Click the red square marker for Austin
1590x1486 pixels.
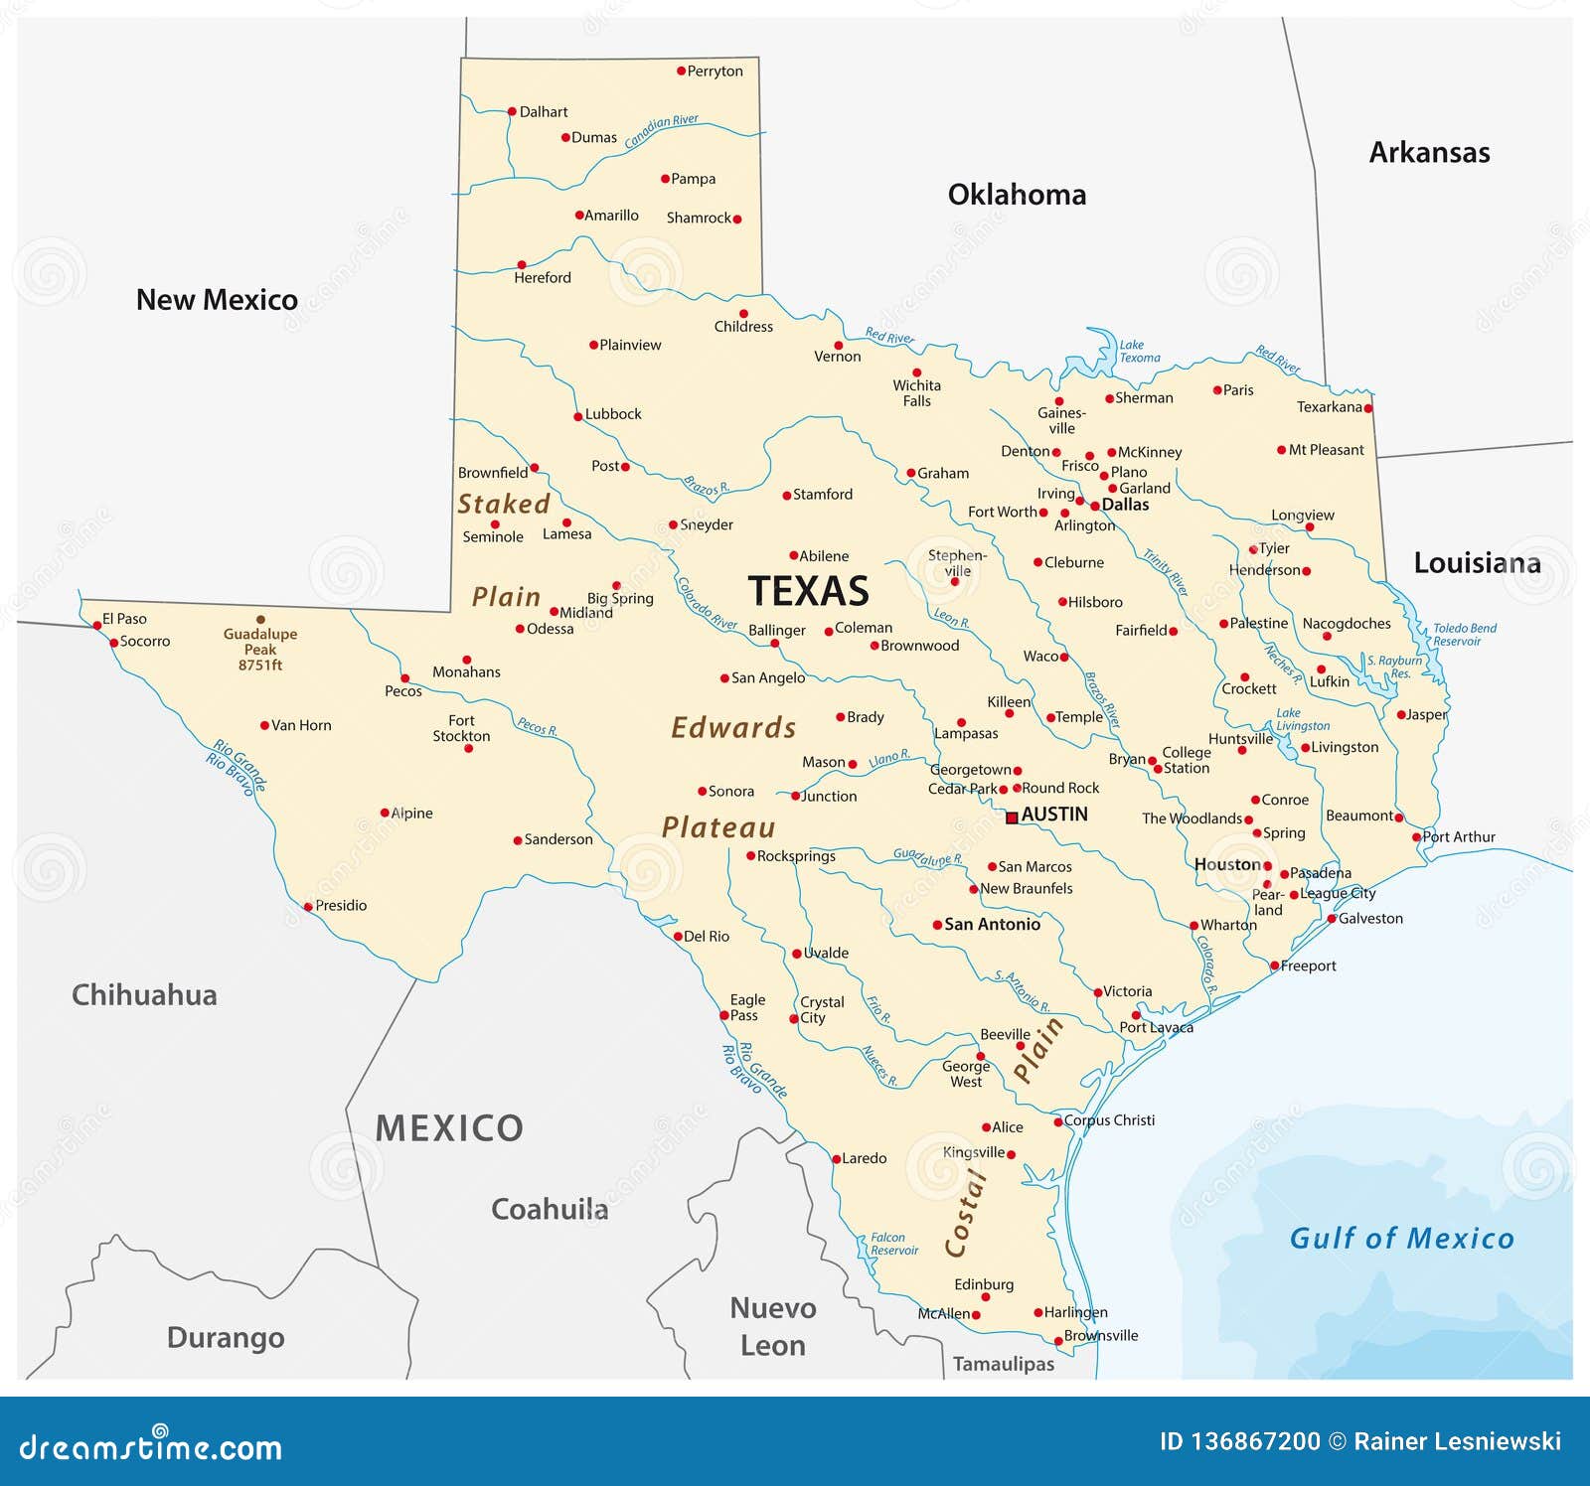[1012, 817]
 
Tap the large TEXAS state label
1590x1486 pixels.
[808, 591]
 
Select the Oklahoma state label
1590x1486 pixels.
[1017, 195]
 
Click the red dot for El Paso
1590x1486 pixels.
[97, 625]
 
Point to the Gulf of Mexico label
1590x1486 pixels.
[1401, 1238]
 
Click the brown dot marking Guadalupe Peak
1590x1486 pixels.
[260, 619]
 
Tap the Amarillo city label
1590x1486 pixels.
[611, 216]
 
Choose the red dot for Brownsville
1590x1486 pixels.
[1058, 1341]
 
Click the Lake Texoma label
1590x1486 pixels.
[1139, 352]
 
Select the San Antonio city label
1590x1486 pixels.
[992, 925]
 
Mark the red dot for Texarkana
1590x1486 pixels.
[1368, 408]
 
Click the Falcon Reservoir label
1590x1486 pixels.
[893, 1244]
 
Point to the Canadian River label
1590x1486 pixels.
[661, 130]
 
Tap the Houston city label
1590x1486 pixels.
[1227, 864]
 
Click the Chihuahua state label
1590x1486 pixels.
[144, 995]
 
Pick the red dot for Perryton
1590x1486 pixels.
[681, 72]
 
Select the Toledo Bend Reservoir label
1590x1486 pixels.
[1463, 635]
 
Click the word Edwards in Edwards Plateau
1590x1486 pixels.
[733, 728]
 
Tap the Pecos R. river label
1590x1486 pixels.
[537, 726]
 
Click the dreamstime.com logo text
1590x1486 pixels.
[151, 1447]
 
